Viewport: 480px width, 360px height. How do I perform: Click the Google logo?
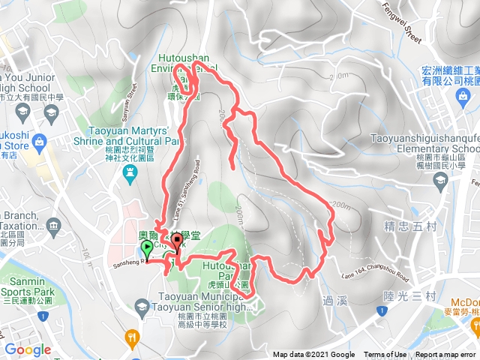[28, 349]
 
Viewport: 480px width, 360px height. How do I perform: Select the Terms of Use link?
[385, 355]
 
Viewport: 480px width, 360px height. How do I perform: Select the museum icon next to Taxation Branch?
[52, 226]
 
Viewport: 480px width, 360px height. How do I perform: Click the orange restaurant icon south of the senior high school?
[133, 336]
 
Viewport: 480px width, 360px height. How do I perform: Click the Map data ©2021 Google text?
[313, 355]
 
